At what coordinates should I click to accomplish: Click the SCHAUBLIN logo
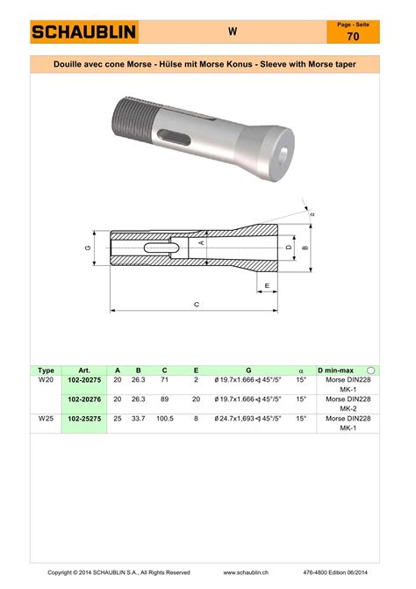(x=84, y=32)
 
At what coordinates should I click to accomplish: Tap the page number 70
(x=352, y=38)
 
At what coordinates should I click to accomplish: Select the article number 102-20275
(x=84, y=380)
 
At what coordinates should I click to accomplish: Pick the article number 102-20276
(x=84, y=399)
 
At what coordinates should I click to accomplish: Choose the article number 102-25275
(x=84, y=420)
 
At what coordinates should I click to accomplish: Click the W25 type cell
(x=47, y=420)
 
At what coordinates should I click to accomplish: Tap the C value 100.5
(x=164, y=420)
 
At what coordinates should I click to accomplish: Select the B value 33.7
(x=138, y=420)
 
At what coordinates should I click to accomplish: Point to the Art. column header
(x=84, y=370)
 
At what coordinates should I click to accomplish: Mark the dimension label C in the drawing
(x=197, y=305)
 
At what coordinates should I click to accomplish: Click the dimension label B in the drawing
(x=305, y=248)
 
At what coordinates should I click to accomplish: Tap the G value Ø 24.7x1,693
(x=248, y=420)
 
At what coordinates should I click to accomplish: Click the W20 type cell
(x=47, y=380)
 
